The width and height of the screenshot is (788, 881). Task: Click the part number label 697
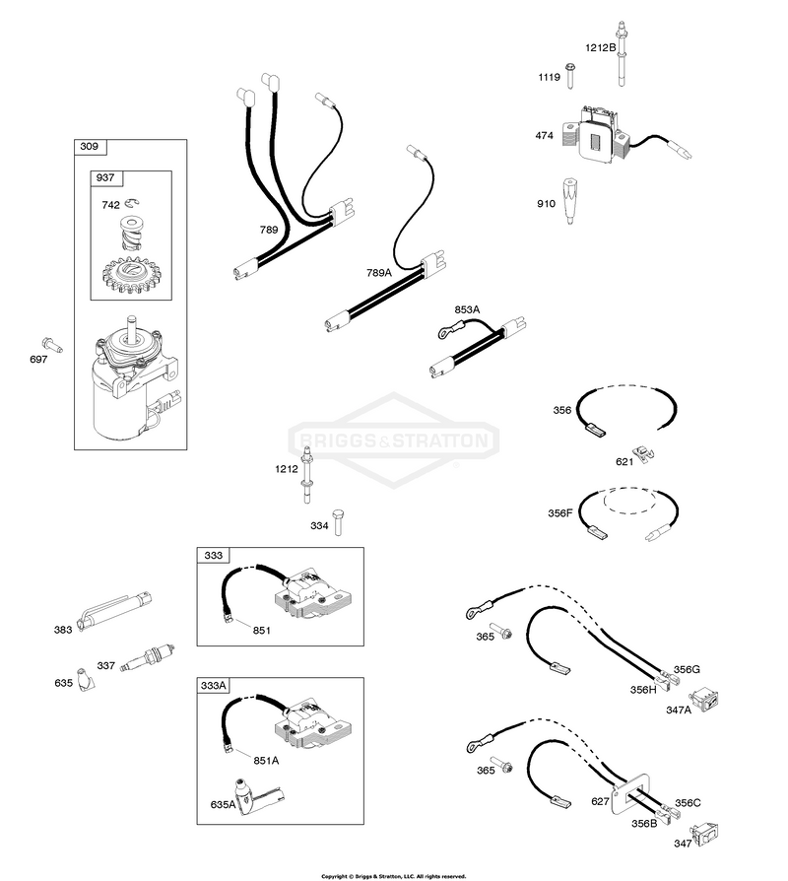pyautogui.click(x=38, y=359)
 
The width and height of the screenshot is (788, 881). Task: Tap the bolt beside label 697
pyautogui.click(x=52, y=345)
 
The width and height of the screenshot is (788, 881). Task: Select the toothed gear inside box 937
pyautogui.click(x=131, y=275)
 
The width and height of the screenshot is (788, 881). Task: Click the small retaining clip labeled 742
pyautogui.click(x=133, y=203)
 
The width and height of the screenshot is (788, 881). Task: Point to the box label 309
pyautogui.click(x=90, y=147)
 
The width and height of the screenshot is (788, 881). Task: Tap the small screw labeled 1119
pyautogui.click(x=570, y=75)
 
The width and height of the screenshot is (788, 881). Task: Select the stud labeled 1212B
pyautogui.click(x=622, y=54)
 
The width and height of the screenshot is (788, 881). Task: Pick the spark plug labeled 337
pyautogui.click(x=149, y=657)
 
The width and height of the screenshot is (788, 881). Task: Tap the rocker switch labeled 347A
pyautogui.click(x=706, y=700)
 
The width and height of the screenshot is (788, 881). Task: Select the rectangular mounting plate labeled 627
pyautogui.click(x=630, y=793)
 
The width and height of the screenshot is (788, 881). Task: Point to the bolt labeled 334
pyautogui.click(x=337, y=522)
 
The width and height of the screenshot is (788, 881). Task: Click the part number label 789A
pyautogui.click(x=378, y=273)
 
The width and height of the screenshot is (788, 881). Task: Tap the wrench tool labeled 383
pyautogui.click(x=115, y=612)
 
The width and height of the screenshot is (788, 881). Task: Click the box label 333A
pyautogui.click(x=214, y=686)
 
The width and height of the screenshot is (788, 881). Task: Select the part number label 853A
pyautogui.click(x=467, y=309)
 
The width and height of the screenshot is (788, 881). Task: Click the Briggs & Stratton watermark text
pyautogui.click(x=393, y=440)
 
